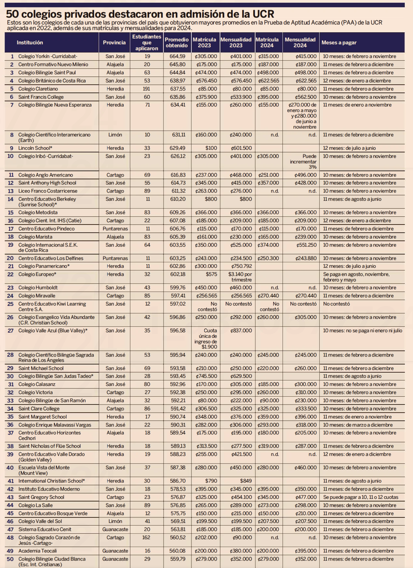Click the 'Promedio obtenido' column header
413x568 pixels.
[x=177, y=43]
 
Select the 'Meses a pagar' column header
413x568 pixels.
[x=339, y=43]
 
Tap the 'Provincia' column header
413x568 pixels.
[x=114, y=43]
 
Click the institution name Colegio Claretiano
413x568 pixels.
[x=38, y=89]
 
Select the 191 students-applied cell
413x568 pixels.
[x=146, y=89]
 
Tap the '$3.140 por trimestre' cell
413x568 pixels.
[x=240, y=277]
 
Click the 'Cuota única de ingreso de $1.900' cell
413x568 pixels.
[x=206, y=339]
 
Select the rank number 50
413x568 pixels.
[x=10, y=559]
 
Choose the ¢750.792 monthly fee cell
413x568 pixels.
[x=241, y=266]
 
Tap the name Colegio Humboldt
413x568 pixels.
[x=38, y=288]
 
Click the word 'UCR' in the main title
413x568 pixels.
[x=263, y=14]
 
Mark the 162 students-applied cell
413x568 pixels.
[x=146, y=538]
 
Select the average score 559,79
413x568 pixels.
[x=178, y=559]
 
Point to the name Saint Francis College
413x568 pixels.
[x=41, y=97]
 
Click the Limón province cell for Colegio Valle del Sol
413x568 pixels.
[x=115, y=521]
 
